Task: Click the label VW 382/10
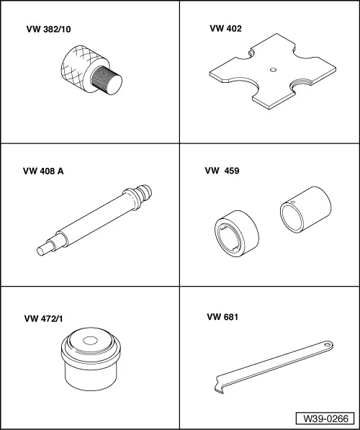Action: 48,30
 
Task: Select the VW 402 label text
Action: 225,29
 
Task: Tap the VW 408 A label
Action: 43,171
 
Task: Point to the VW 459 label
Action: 222,171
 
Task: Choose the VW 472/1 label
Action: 43,318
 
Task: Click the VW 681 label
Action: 222,317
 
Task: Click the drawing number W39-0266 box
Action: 325,418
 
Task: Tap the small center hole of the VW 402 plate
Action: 273,70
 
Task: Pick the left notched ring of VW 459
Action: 237,233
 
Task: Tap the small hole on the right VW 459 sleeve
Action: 293,202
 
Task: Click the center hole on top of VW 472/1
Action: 91,341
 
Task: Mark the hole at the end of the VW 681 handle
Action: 328,344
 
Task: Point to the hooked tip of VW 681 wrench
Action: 219,389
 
